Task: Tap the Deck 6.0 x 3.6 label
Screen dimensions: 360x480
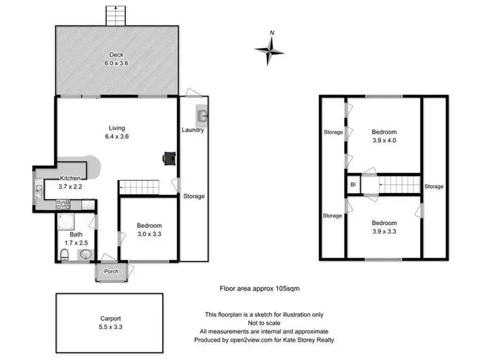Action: pyautogui.click(x=116, y=59)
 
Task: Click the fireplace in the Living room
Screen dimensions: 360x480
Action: pyautogui.click(x=169, y=157)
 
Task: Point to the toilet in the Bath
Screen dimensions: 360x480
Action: pyautogui.click(x=65, y=255)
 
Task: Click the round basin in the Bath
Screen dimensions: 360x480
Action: pyautogui.click(x=85, y=255)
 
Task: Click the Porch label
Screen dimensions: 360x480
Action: pyautogui.click(x=111, y=271)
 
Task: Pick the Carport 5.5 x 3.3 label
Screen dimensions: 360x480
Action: pyautogui.click(x=111, y=322)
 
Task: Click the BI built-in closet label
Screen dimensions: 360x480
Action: pyautogui.click(x=353, y=185)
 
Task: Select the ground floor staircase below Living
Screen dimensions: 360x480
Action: pyautogui.click(x=140, y=187)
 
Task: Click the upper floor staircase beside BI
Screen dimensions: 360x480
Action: pyautogui.click(x=397, y=185)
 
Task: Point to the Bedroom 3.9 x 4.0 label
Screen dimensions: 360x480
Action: pyautogui.click(x=385, y=136)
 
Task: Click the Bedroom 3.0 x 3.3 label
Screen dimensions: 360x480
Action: pyautogui.click(x=149, y=230)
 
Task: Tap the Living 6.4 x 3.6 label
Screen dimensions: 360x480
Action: pyautogui.click(x=116, y=132)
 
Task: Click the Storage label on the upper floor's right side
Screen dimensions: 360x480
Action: pyautogui.click(x=434, y=186)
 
